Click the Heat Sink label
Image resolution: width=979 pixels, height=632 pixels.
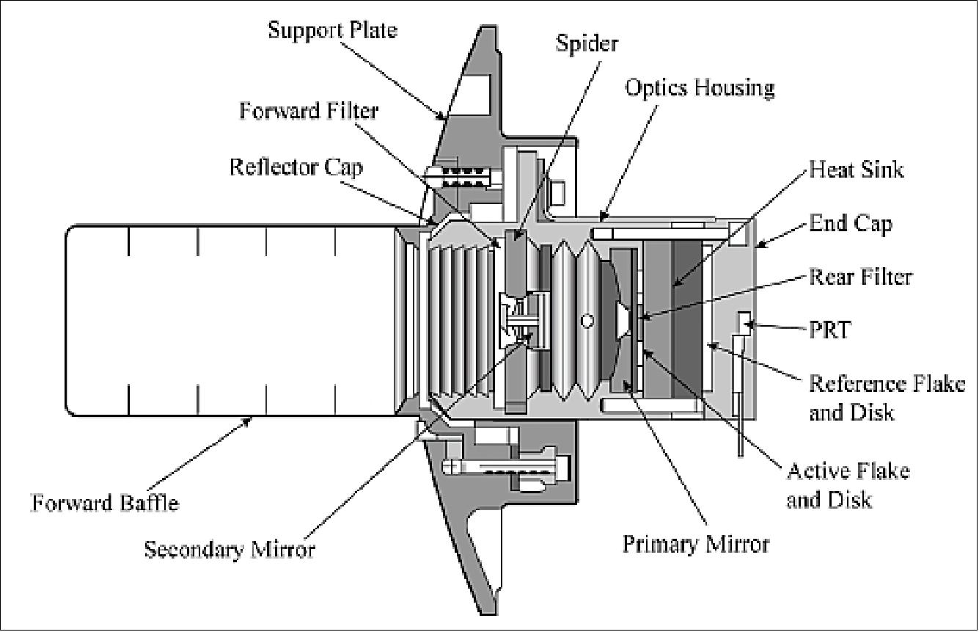pos(856,170)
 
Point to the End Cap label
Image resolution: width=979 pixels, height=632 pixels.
pos(851,223)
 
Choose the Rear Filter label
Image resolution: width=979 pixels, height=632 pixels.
pos(859,277)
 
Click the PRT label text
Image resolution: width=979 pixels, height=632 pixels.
pos(830,330)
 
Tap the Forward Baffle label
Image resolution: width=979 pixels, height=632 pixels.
pos(104,503)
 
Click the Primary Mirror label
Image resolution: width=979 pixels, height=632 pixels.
pos(696,544)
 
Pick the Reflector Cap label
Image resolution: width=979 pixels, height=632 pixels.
pos(296,166)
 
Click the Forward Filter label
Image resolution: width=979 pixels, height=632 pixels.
pos(308,111)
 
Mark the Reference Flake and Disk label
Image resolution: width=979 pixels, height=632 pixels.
pos(886,397)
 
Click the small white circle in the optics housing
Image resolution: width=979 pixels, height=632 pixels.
pos(586,321)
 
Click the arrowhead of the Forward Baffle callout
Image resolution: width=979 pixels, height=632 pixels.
pos(252,418)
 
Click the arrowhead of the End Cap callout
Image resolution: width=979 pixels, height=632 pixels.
pos(758,246)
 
